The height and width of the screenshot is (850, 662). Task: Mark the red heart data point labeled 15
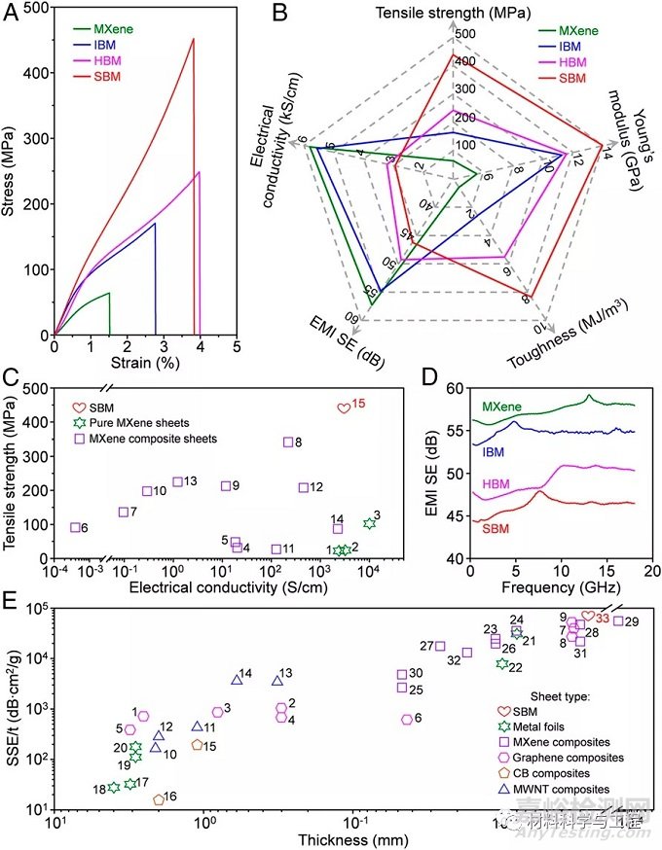[343, 407]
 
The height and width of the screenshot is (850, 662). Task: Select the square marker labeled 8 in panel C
[288, 443]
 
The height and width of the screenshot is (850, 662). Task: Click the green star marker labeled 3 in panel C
[369, 523]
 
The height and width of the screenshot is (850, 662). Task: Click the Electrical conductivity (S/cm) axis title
[226, 586]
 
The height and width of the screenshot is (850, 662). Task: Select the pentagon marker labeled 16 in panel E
[159, 799]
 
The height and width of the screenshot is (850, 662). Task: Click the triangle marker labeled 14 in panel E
[237, 679]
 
